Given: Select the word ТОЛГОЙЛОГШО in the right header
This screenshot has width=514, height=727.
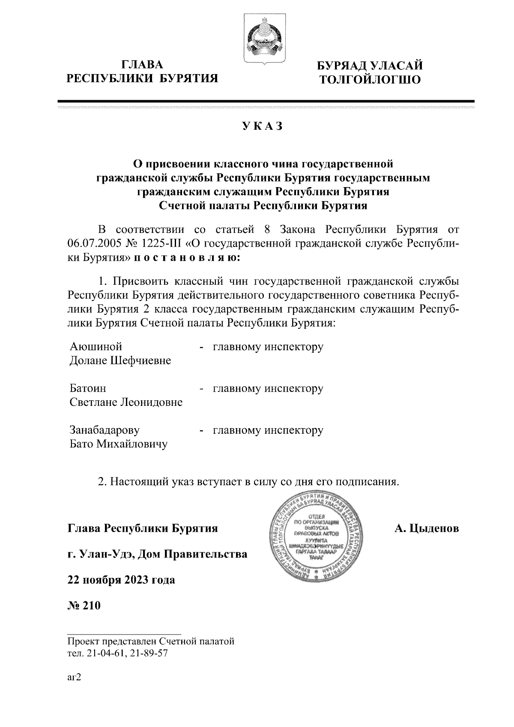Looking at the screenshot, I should click(x=368, y=79).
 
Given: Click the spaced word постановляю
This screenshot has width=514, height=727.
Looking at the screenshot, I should click(x=187, y=258).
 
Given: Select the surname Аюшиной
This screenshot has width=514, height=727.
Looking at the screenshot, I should click(x=96, y=346).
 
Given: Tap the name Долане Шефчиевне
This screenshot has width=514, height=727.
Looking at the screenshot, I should click(x=120, y=360).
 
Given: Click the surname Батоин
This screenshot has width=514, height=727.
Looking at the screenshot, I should click(x=88, y=388).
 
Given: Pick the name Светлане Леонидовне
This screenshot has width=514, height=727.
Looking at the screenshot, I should click(x=126, y=402).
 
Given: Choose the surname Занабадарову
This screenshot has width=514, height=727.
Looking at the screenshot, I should click(x=105, y=430).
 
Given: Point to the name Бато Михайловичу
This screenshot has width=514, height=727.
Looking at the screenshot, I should click(x=119, y=444).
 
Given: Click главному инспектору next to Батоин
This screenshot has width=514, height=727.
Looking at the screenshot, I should click(x=268, y=388).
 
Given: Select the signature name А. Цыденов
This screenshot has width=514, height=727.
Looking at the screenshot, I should click(x=427, y=528).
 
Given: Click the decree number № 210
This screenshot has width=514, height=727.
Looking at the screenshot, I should click(x=84, y=606).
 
